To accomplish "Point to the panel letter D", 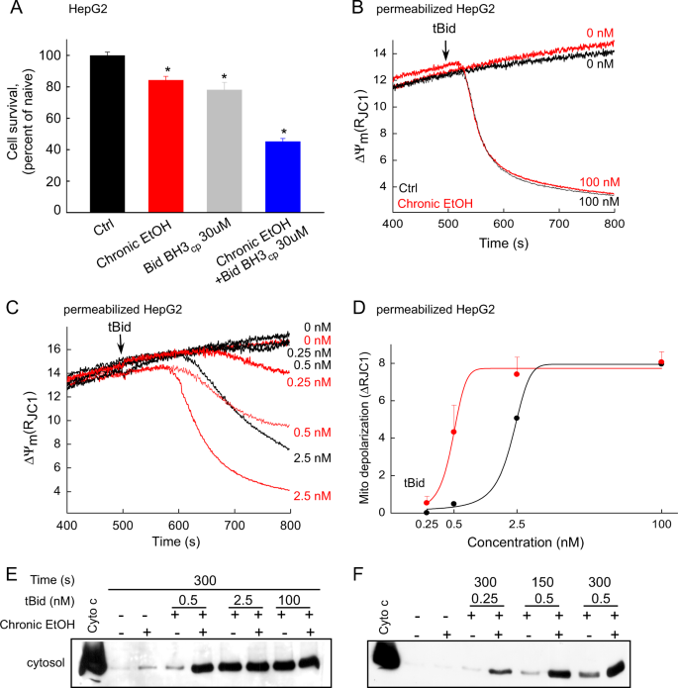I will click(371, 314).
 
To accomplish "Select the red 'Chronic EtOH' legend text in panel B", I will click(436, 202).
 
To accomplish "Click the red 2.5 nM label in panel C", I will click(308, 490).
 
